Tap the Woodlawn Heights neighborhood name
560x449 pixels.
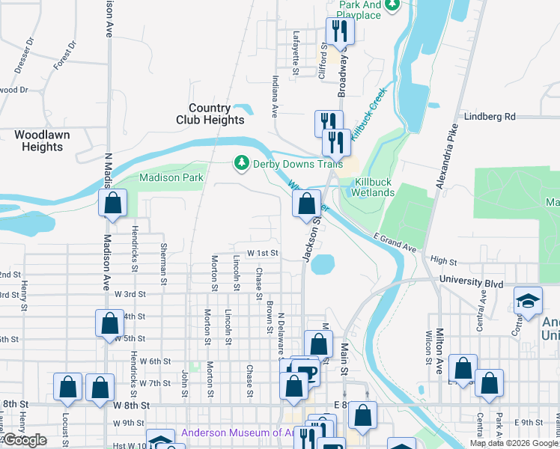pyautogui.click(x=37, y=141)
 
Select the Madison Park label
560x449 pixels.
pyautogui.click(x=171, y=178)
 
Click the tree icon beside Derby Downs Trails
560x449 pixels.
pyautogui.click(x=241, y=163)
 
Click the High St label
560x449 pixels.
pyautogui.click(x=444, y=261)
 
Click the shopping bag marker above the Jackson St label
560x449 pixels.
pyautogui.click(x=306, y=204)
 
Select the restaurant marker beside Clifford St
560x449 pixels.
pyautogui.click(x=341, y=31)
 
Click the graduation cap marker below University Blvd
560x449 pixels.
pyautogui.click(x=528, y=301)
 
